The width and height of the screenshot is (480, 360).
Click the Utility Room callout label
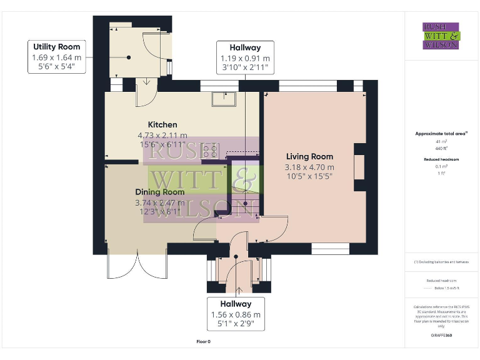click(57, 57)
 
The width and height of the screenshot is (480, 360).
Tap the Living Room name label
click(309, 156)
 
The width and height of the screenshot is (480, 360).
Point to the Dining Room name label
click(159, 192)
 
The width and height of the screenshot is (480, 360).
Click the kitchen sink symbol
click(223, 99)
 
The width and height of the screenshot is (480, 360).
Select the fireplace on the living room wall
click(359, 167)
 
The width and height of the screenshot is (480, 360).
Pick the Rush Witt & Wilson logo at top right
click(441, 36)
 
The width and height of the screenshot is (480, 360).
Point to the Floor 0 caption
click(204, 342)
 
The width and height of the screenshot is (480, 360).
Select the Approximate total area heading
click(441, 134)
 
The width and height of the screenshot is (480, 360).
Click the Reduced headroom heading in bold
click(441, 160)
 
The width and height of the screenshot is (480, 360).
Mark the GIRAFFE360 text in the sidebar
click(441, 336)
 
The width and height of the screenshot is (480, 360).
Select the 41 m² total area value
click(441, 142)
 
